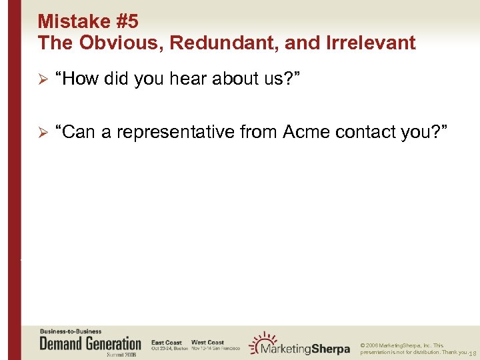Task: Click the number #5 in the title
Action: pyautogui.click(x=127, y=21)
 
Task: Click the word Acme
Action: pyautogui.click(x=307, y=133)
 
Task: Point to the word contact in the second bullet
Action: pyautogui.click(x=367, y=133)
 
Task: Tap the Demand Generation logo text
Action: pyautogui.click(x=91, y=344)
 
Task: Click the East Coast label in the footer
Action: pyautogui.click(x=167, y=343)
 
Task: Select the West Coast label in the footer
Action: pyautogui.click(x=208, y=343)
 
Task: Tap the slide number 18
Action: pyautogui.click(x=473, y=353)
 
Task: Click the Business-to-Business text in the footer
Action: pyautogui.click(x=71, y=331)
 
